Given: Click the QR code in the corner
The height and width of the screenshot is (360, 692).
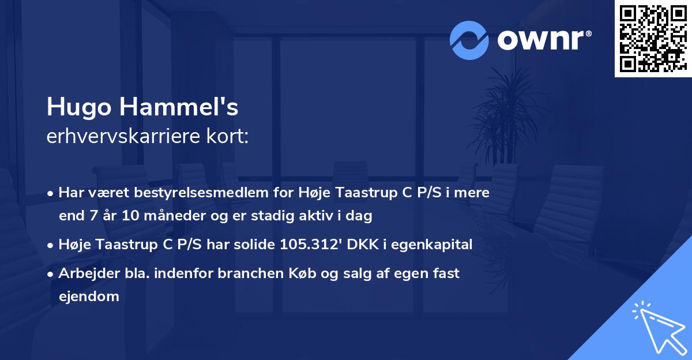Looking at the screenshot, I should pos(653,39).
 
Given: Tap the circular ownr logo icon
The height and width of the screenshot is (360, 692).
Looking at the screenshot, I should pos(469,40).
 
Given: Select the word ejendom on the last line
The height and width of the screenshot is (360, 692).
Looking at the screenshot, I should pos(89,297).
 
